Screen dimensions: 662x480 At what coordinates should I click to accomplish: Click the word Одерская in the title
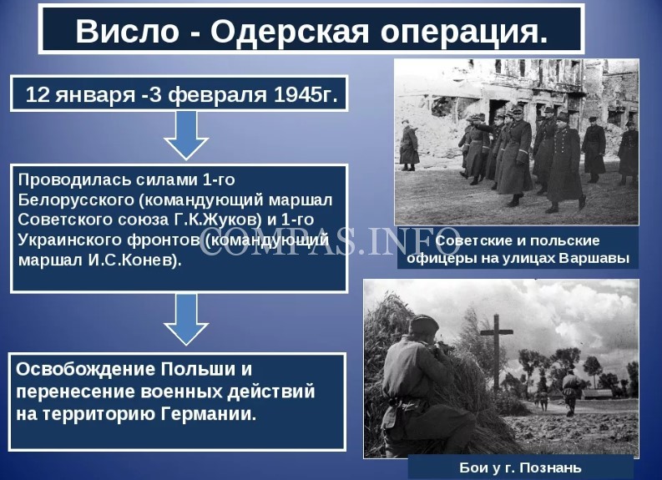point(290,31)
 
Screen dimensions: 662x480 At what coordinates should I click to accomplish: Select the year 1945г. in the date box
point(306,94)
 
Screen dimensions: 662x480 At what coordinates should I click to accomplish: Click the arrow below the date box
point(186,135)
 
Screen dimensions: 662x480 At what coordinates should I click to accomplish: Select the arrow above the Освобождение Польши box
point(186,320)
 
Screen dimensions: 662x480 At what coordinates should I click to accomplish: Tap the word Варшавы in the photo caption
point(594,257)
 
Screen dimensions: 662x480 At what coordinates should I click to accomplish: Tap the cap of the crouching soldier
point(425,323)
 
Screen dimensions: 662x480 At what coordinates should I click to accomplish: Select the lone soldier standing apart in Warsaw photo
point(409,144)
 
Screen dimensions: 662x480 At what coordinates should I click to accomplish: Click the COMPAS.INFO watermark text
point(330,241)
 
